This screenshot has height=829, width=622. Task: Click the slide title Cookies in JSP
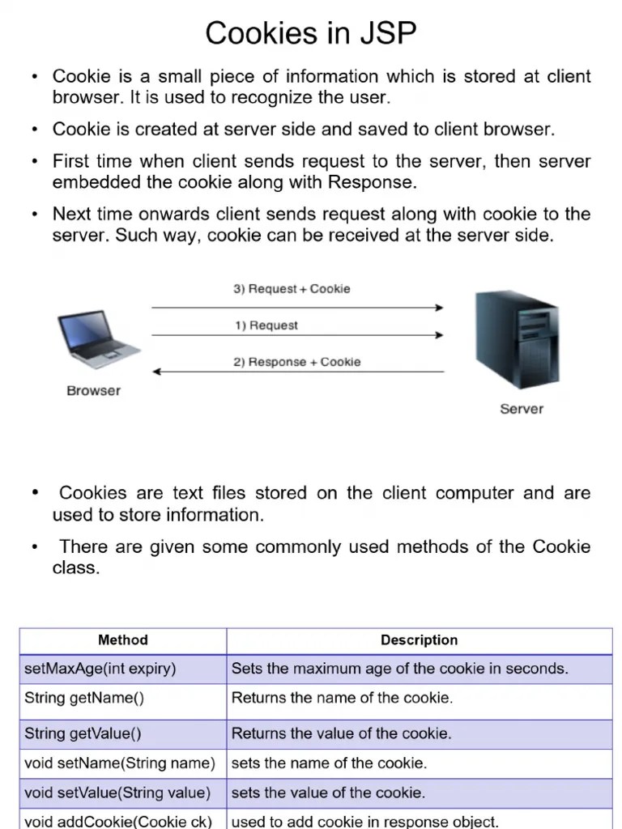coord(311,33)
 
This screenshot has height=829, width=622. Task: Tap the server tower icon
coord(516,339)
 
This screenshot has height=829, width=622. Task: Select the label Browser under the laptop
coord(93,390)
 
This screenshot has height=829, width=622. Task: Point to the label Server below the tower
coord(522,409)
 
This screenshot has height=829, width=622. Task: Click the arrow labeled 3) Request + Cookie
coord(297,308)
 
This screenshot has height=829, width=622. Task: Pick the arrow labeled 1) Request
coord(297,335)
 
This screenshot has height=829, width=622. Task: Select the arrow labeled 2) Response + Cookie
coord(297,372)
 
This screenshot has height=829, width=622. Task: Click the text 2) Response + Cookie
coord(297,362)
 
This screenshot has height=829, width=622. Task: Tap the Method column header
coord(123,640)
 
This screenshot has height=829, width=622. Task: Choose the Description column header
coord(419,640)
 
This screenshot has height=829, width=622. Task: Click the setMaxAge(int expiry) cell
coord(100,669)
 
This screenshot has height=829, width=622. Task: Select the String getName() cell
coord(84,698)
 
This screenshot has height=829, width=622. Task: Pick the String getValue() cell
coord(83,734)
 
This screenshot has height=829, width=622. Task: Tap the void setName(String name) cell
coord(120,763)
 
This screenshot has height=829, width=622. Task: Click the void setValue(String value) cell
coord(117,793)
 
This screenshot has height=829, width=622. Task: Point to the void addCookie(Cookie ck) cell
coord(118,821)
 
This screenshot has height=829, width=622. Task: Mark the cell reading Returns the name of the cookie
coord(342,698)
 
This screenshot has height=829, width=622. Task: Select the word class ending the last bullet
coord(75,568)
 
